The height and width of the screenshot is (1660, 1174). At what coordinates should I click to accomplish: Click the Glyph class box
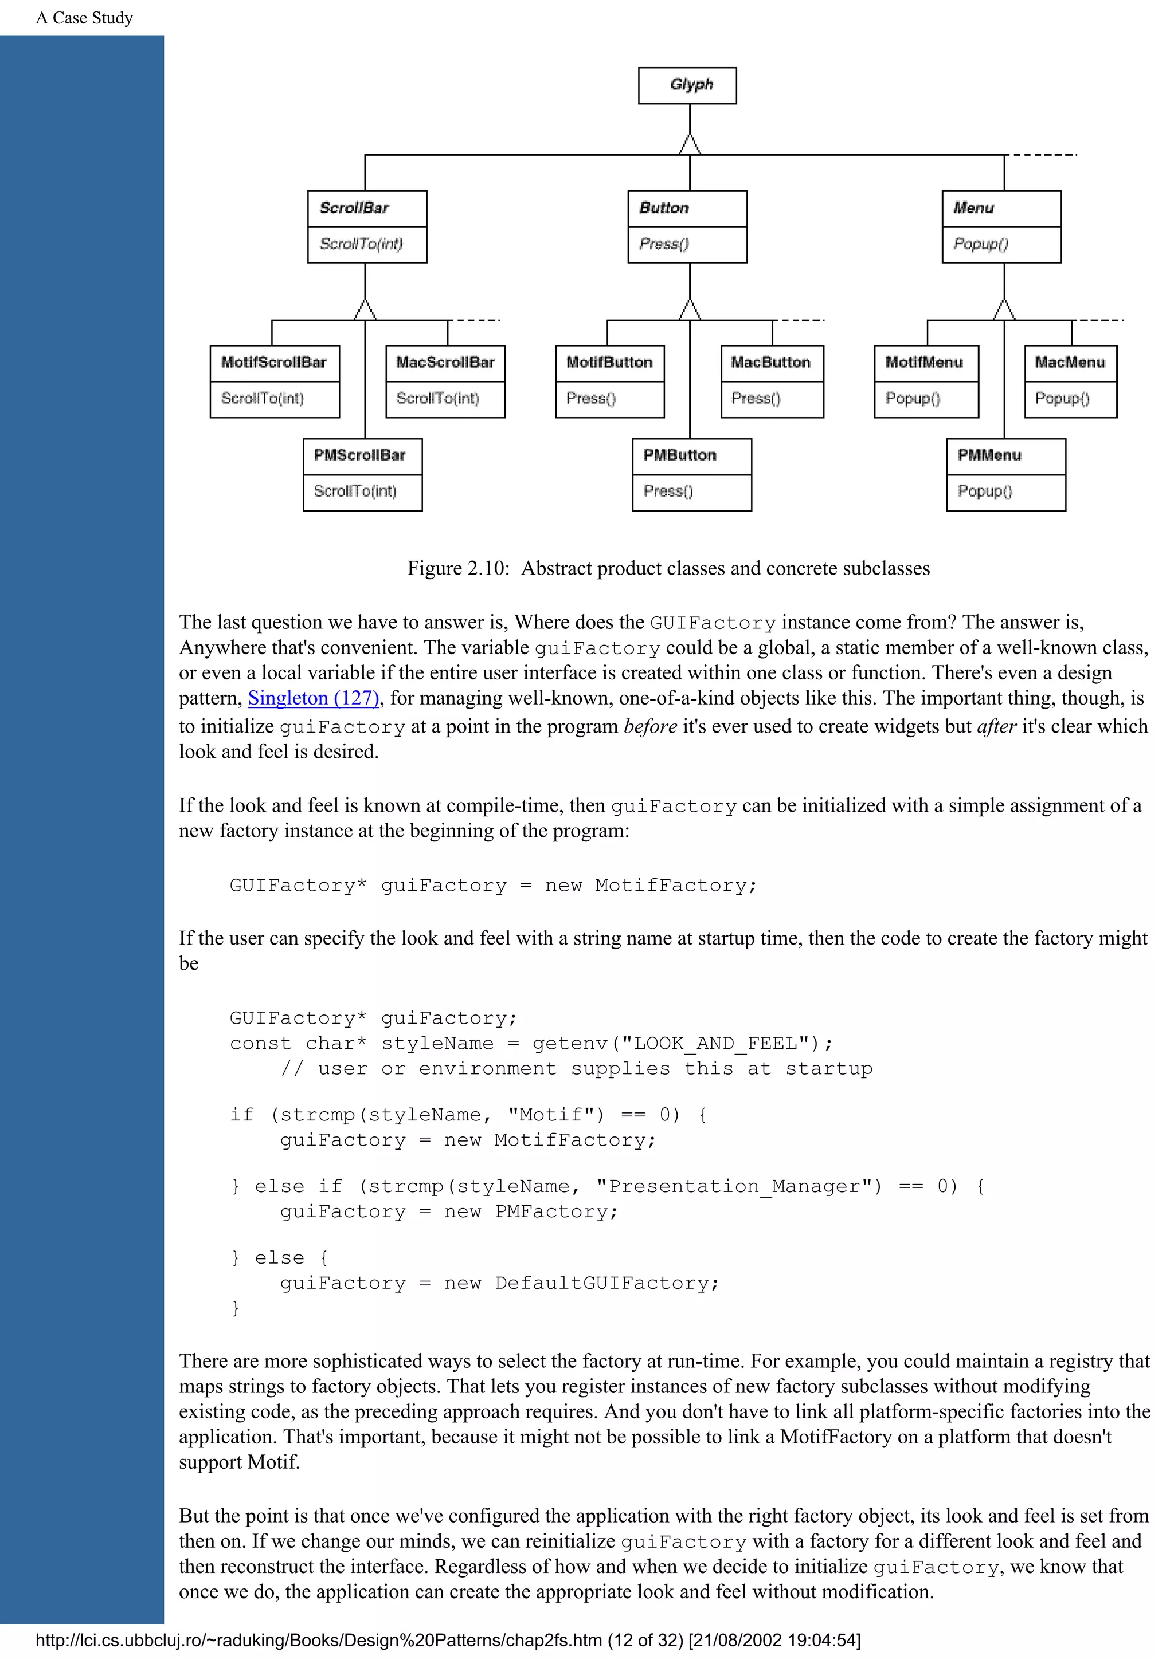(x=687, y=85)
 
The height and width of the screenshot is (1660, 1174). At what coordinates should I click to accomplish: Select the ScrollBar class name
(x=354, y=209)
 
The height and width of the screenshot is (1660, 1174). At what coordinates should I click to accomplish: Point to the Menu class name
(x=973, y=209)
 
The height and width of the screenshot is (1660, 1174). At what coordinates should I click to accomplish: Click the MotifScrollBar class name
(x=273, y=362)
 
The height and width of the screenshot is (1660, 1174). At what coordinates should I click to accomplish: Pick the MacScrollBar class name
(x=445, y=362)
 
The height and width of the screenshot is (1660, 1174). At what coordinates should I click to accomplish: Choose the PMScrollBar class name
(x=359, y=455)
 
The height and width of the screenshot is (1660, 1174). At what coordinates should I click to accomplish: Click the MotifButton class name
(x=609, y=362)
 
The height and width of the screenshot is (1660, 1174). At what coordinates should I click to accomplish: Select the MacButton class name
(x=770, y=362)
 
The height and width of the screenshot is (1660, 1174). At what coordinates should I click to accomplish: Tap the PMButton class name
(x=679, y=455)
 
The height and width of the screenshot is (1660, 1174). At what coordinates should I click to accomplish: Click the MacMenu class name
(x=1069, y=362)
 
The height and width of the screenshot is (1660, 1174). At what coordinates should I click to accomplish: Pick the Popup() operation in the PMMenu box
(x=984, y=491)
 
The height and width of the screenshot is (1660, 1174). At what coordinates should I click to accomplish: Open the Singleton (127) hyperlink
(x=313, y=698)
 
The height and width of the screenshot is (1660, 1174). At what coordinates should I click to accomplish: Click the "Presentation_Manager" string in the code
(x=738, y=1186)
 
